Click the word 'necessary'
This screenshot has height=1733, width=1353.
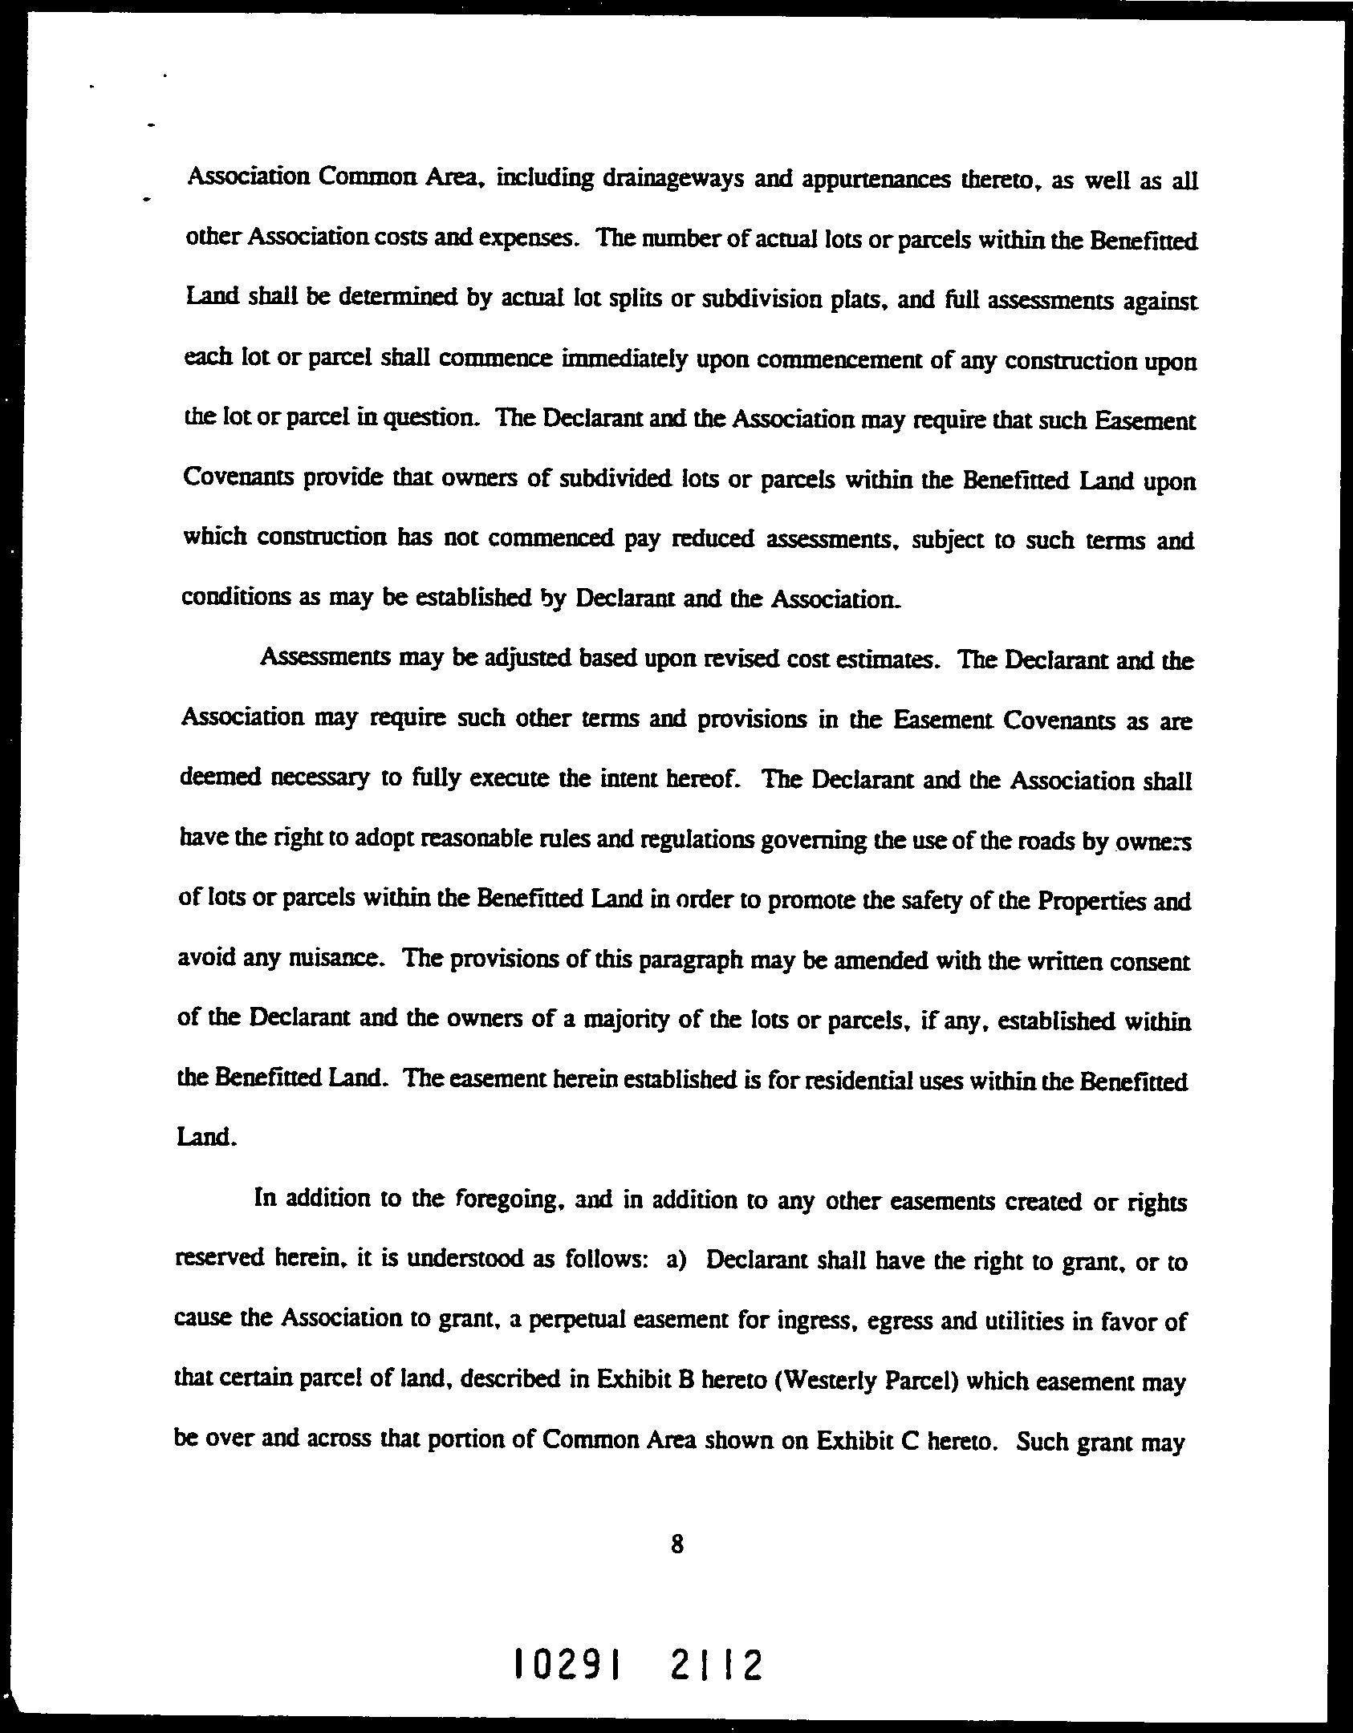tap(320, 778)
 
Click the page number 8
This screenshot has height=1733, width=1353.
tap(676, 1544)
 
